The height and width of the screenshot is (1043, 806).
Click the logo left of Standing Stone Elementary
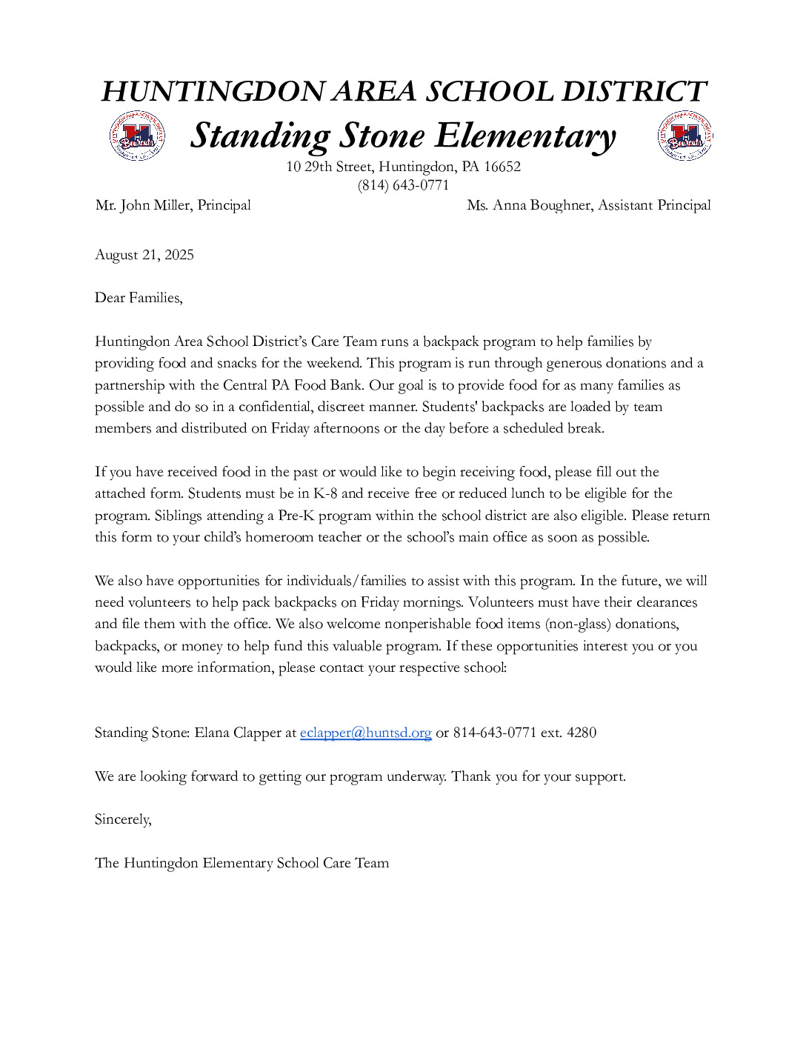coord(137,136)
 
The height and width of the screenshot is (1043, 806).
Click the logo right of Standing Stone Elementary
coord(685,136)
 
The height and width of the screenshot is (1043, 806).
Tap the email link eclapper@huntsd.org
coord(365,733)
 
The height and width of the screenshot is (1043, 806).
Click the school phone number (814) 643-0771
coord(403,185)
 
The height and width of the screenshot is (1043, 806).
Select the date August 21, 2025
coord(144,255)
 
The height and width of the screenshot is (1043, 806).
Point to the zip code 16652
coord(502,167)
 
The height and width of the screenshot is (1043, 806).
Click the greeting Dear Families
coord(139,298)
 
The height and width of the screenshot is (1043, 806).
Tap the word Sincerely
coord(123,819)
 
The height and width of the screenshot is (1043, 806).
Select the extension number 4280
coord(581,733)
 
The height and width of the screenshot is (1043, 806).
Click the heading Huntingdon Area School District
coord(404,91)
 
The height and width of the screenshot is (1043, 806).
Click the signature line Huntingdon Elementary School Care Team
coord(256,863)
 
